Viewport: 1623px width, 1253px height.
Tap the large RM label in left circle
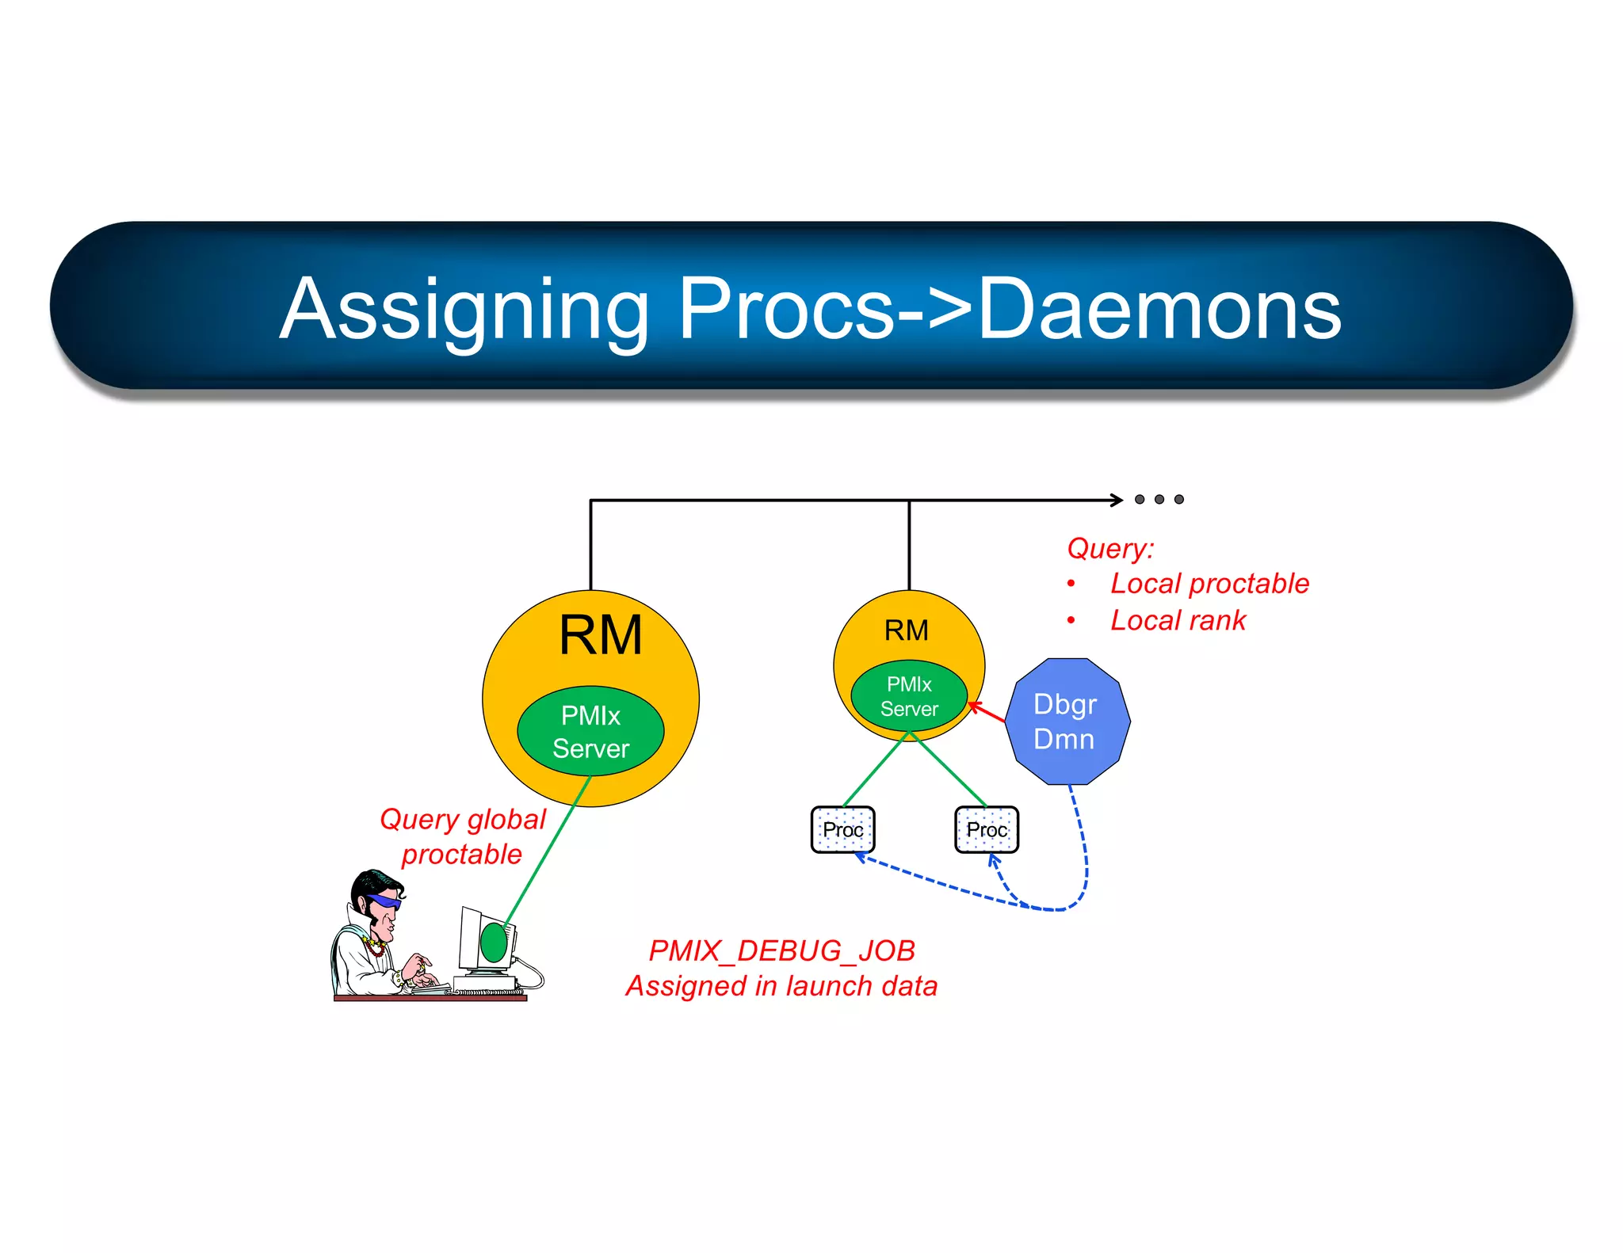pyautogui.click(x=600, y=635)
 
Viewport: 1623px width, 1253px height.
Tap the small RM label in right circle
pyautogui.click(x=906, y=630)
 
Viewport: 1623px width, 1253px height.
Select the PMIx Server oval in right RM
pyautogui.click(x=909, y=696)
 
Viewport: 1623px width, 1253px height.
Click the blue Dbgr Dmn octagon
pyautogui.click(x=1067, y=722)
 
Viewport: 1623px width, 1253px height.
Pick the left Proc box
pyautogui.click(x=842, y=829)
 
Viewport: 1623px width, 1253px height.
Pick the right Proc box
pyautogui.click(x=987, y=829)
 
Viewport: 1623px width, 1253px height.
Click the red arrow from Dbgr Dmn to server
pyautogui.click(x=987, y=712)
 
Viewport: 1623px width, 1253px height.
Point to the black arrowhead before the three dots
pyautogui.click(x=1117, y=500)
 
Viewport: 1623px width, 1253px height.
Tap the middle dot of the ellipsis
pyautogui.click(x=1159, y=500)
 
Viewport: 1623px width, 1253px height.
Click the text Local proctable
pyautogui.click(x=1209, y=584)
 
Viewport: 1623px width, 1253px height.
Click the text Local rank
pyautogui.click(x=1178, y=620)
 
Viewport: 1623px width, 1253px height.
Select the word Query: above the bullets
pyautogui.click(x=1110, y=548)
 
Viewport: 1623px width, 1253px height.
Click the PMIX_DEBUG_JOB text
pyautogui.click(x=781, y=950)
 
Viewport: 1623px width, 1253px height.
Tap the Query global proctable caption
pyautogui.click(x=463, y=836)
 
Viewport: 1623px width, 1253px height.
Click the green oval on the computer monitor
pyautogui.click(x=494, y=943)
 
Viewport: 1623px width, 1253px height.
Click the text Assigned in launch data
pyautogui.click(x=781, y=986)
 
